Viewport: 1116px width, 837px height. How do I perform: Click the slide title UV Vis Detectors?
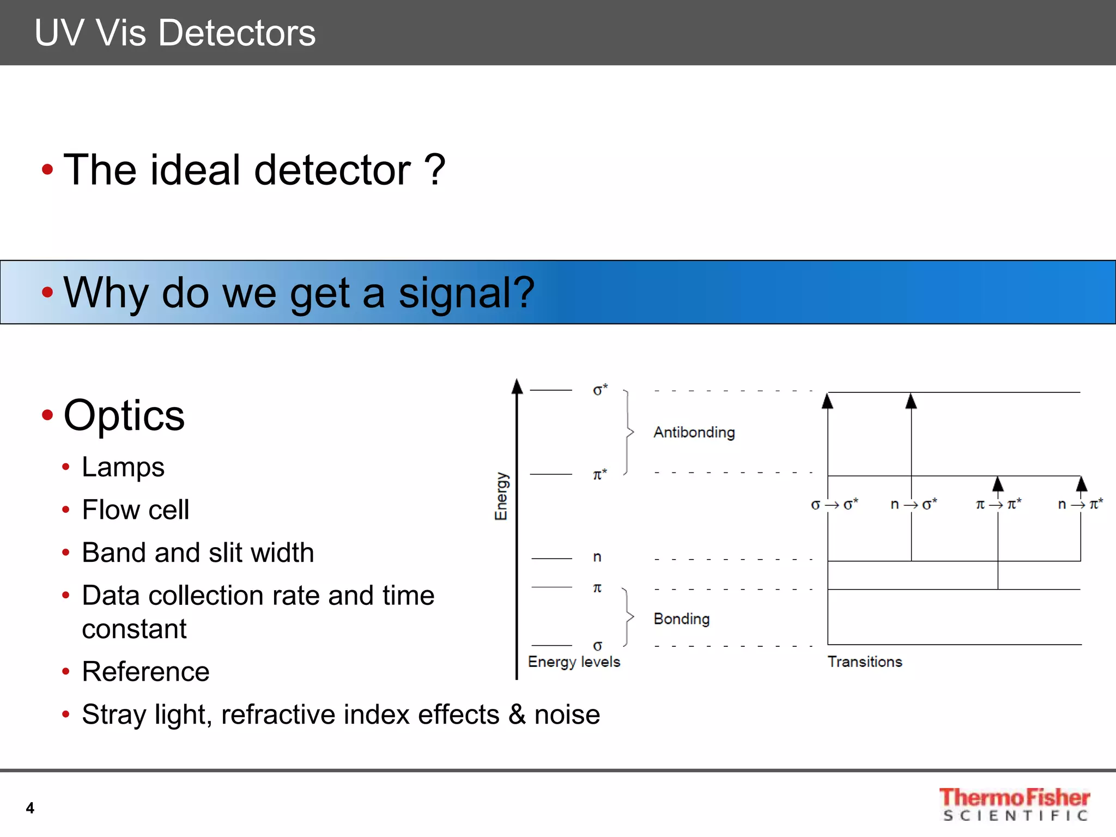[x=174, y=33]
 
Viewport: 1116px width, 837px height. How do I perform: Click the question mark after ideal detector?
[x=435, y=169]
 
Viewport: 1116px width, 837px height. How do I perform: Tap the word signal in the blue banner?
[x=466, y=293]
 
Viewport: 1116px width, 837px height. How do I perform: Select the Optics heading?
[x=124, y=415]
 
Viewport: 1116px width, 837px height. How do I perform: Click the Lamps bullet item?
[x=123, y=467]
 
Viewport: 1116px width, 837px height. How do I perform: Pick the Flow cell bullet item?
[x=135, y=510]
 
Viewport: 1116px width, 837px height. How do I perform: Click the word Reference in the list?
[x=145, y=671]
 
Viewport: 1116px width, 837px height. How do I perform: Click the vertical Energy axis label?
[x=501, y=496]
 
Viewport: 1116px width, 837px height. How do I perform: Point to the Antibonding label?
[x=694, y=432]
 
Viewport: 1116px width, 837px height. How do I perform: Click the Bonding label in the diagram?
[x=681, y=619]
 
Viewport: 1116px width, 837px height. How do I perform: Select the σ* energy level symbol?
[x=599, y=390]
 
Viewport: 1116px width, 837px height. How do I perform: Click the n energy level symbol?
[x=597, y=557]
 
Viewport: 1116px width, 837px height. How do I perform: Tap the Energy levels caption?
[x=574, y=662]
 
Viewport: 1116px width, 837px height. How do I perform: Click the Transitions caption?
[x=865, y=662]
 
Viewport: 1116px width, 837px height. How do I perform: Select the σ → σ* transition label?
[x=834, y=505]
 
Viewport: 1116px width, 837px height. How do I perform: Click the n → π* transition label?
[x=1080, y=505]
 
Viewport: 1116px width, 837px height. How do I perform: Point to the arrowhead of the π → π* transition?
[x=998, y=484]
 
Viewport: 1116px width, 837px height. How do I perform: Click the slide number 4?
[x=30, y=808]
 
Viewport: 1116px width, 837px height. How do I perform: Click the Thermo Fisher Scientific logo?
[x=1014, y=804]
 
